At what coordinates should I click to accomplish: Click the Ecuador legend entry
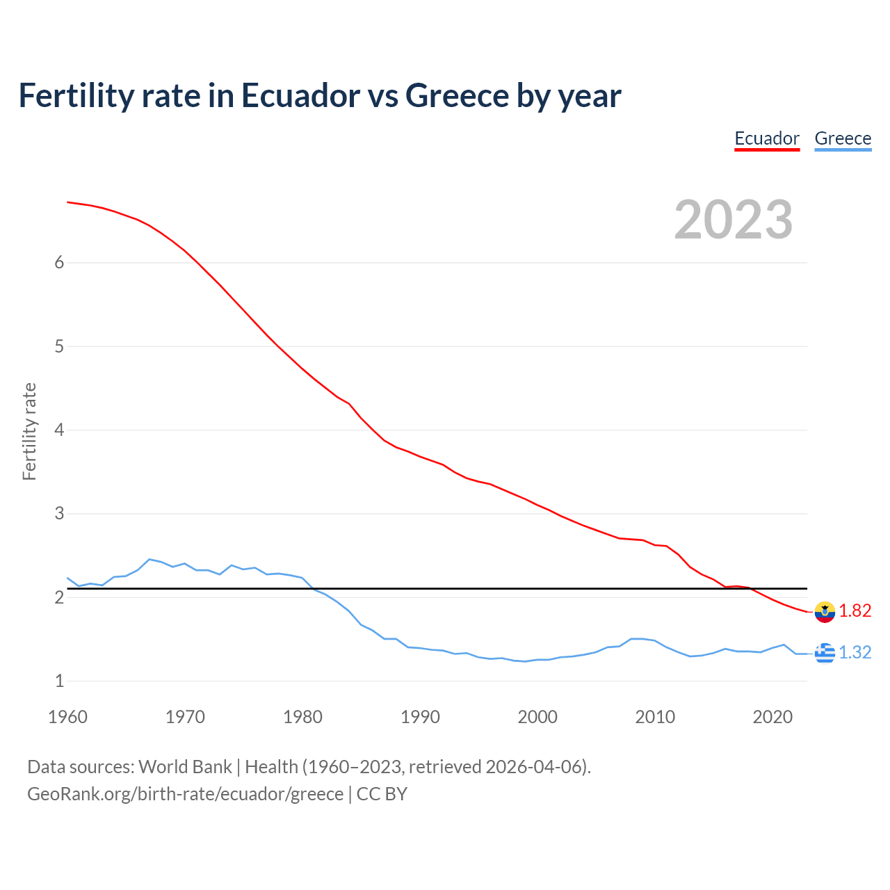[x=767, y=138]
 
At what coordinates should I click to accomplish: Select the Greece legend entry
[x=843, y=138]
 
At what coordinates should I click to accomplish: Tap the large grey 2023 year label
[x=734, y=220]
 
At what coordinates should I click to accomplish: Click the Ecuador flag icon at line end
[x=825, y=612]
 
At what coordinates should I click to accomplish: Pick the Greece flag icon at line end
[x=825, y=653]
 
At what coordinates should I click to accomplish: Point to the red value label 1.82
[x=855, y=610]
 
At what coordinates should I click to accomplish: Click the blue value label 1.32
[x=855, y=652]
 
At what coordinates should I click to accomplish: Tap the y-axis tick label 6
[x=59, y=262]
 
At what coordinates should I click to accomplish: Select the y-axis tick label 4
[x=59, y=430]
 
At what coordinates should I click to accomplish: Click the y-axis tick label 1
[x=59, y=681]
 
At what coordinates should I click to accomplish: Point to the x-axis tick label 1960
[x=67, y=717]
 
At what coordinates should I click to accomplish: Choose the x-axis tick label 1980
[x=302, y=717]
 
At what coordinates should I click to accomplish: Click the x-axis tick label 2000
[x=537, y=717]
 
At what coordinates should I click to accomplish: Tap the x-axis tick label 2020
[x=772, y=717]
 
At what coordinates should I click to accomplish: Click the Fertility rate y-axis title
[x=29, y=431]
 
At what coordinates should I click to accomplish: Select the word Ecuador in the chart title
[x=300, y=95]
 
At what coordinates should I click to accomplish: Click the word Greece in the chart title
[x=457, y=95]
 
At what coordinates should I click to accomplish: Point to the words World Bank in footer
[x=185, y=766]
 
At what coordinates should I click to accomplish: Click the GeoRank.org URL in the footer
[x=185, y=794]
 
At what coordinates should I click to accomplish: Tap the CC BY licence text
[x=382, y=794]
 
